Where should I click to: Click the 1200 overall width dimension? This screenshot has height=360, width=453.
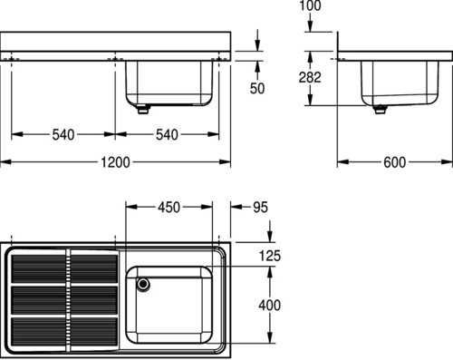click(115, 162)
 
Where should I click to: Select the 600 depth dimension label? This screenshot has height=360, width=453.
click(394, 162)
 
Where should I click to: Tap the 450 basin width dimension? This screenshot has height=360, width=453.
click(169, 208)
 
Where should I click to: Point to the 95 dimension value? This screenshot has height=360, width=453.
click(260, 208)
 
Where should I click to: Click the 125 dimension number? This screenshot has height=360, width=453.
click(270, 256)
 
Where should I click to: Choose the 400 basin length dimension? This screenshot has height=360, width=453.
click(270, 305)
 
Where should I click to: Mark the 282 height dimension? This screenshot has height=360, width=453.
click(310, 77)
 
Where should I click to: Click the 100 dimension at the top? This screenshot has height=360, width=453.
click(310, 6)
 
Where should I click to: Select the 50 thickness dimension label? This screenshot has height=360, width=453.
click(257, 88)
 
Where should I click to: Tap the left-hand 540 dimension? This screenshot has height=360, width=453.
click(63, 135)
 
